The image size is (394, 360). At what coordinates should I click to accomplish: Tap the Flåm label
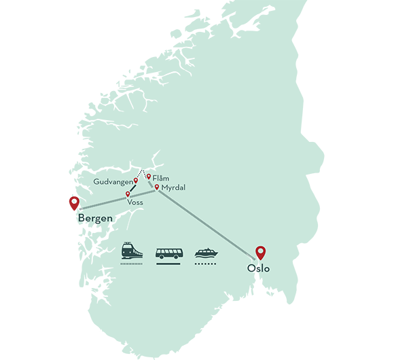pyautogui.click(x=161, y=178)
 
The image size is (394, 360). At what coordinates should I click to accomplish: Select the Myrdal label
pyautogui.click(x=173, y=187)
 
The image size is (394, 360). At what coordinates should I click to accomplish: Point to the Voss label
pyautogui.click(x=135, y=202)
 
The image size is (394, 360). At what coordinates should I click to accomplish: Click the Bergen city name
pyautogui.click(x=96, y=219)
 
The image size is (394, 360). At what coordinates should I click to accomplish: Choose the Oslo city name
pyautogui.click(x=259, y=268)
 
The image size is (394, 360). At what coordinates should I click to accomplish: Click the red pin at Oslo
pyautogui.click(x=260, y=253)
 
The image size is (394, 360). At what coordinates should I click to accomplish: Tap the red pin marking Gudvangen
pyautogui.click(x=136, y=181)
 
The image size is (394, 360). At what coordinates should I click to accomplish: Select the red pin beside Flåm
pyautogui.click(x=149, y=177)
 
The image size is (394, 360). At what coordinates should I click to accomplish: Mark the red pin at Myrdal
pyautogui.click(x=157, y=187)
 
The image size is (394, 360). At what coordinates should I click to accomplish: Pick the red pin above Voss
pyautogui.click(x=128, y=194)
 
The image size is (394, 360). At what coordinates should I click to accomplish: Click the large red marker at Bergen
pyautogui.click(x=74, y=204)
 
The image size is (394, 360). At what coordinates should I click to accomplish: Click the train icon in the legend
pyautogui.click(x=132, y=251)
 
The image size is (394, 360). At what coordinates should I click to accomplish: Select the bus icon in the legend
pyautogui.click(x=168, y=253)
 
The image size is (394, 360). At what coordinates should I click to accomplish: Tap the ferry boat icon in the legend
pyautogui.click(x=205, y=253)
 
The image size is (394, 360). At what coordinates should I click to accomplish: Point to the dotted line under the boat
pyautogui.click(x=205, y=264)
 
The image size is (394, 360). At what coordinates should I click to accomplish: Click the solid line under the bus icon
pyautogui.click(x=168, y=264)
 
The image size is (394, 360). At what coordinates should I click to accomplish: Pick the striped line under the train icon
pyautogui.click(x=132, y=264)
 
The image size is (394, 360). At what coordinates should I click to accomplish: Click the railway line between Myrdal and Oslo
pyautogui.click(x=204, y=226)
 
